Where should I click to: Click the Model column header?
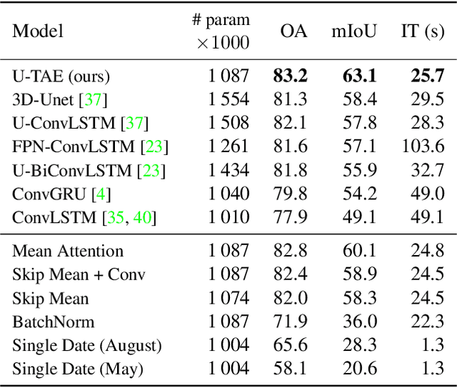(38, 31)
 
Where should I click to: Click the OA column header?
(294, 31)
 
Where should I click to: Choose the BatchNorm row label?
(44, 322)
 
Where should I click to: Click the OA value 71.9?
(294, 322)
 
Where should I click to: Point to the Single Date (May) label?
(77, 369)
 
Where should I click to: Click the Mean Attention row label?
(68, 251)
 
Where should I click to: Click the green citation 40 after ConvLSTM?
(142, 217)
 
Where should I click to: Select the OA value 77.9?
(294, 217)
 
